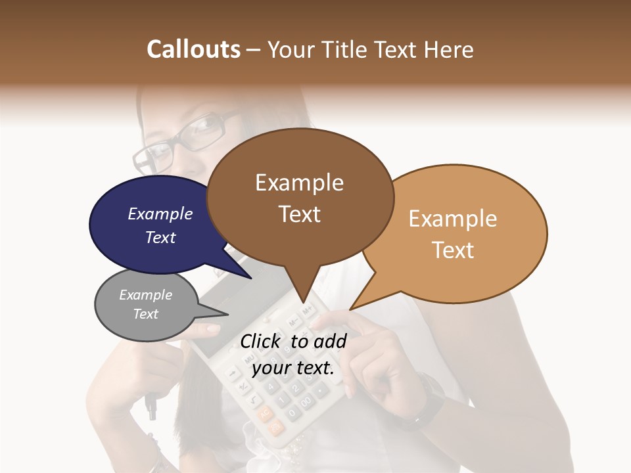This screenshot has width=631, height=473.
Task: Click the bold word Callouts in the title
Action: [193, 49]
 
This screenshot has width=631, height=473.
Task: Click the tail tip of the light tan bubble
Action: [350, 309]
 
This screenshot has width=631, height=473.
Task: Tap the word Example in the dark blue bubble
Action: [160, 214]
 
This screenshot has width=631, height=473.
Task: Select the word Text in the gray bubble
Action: [146, 314]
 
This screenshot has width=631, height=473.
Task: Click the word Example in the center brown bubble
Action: [299, 183]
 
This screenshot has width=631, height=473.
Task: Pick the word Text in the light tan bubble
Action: [453, 250]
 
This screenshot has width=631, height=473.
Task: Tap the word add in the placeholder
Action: [329, 341]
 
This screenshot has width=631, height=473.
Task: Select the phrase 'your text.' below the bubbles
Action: [292, 368]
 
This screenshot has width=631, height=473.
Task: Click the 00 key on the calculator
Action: [305, 401]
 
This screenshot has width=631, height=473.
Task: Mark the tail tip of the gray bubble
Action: [228, 315]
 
